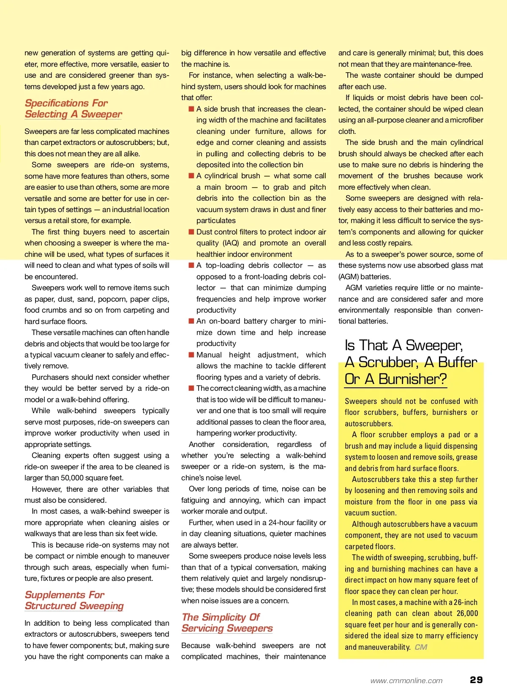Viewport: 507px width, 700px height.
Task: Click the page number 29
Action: point(476,680)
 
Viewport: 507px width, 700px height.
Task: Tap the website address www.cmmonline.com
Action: point(406,681)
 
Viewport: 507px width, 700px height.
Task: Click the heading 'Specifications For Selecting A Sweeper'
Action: point(73,109)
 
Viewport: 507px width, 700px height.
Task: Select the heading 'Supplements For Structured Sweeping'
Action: point(74,600)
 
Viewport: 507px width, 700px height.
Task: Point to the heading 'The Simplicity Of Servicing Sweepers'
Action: point(227,623)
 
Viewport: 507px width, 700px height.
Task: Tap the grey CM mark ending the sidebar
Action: point(421,647)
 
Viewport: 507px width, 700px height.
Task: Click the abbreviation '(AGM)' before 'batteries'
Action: point(348,277)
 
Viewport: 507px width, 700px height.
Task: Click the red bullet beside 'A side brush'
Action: point(191,109)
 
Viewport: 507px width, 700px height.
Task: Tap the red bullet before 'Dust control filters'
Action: point(191,232)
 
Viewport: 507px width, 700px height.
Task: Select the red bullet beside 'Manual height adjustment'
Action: point(191,355)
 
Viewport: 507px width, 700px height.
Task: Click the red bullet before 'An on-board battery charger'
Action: point(191,321)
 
